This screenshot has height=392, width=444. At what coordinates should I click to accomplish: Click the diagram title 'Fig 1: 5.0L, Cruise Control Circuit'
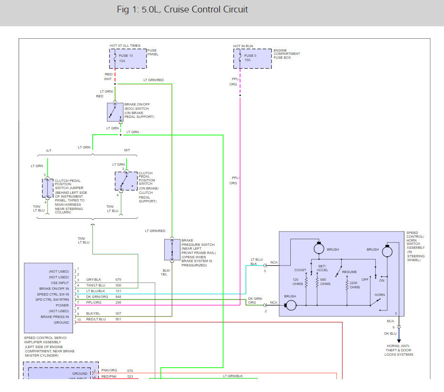182,10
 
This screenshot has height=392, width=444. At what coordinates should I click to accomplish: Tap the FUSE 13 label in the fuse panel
126,55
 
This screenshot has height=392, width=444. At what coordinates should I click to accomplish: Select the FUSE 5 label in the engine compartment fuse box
250,55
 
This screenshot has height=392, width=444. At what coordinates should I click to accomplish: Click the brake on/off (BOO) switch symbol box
115,112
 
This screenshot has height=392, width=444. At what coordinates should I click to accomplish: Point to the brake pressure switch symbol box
172,250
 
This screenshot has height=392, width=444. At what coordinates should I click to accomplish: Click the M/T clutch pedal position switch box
126,181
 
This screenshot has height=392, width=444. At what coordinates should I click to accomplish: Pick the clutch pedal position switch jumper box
48,188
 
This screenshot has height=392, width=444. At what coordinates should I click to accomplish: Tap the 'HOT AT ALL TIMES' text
125,46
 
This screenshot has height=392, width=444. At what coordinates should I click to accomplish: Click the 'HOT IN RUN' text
243,46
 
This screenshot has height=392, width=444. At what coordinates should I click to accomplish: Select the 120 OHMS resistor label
297,282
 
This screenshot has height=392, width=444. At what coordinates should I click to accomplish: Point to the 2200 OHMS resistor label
355,285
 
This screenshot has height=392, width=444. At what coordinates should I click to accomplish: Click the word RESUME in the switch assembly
349,272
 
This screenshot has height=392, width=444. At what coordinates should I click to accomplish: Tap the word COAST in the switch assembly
300,270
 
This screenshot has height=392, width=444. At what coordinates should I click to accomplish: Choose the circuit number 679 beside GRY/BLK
118,279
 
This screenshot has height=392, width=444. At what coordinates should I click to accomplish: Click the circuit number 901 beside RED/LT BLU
118,319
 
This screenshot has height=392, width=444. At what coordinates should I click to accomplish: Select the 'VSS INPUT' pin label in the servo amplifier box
60,283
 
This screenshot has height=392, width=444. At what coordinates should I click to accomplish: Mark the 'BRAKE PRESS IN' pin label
54,317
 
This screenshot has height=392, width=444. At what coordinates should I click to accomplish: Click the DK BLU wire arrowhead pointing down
399,341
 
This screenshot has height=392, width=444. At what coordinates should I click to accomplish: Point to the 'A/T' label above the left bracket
49,151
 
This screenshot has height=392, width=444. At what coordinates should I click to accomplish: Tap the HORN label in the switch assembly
380,295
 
